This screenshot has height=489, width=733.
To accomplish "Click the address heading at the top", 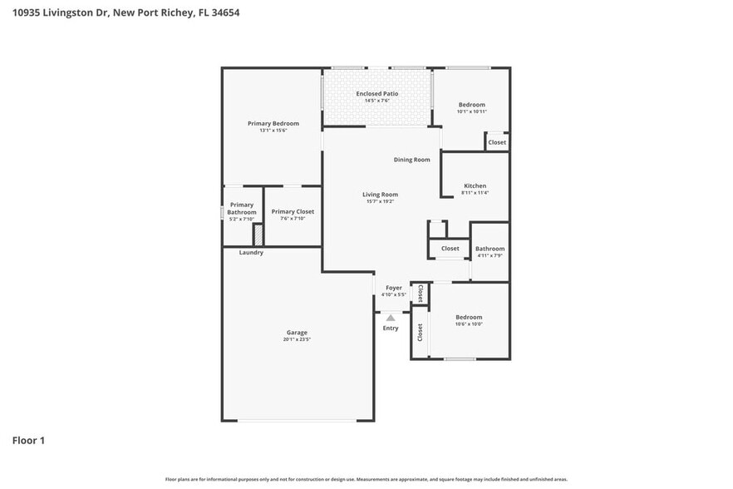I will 125,13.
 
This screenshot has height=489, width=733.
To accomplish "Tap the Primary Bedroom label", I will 273,123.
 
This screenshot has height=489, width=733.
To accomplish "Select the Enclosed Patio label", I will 377,94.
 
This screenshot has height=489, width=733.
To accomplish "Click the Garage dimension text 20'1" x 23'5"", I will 297,339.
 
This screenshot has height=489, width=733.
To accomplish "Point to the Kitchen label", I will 475,185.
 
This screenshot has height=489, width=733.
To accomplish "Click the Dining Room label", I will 411,160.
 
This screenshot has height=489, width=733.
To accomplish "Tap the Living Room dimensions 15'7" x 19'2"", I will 380,201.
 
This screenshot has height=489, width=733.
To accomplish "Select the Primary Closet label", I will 293,212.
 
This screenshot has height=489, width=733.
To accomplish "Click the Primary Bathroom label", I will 242,209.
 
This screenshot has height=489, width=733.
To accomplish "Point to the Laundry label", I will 251,253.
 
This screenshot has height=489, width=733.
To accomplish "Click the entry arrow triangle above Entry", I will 391,317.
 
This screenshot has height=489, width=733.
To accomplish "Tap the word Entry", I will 391,328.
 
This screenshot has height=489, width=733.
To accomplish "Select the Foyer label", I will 393,288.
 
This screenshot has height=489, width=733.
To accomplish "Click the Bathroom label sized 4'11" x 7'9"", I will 489,249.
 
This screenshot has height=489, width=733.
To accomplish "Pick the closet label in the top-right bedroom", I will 497,142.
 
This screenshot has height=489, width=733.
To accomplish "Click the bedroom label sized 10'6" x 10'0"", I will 469,317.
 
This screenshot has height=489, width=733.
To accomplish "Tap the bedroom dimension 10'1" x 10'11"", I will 471,111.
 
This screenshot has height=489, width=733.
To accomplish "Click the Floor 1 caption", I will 28,440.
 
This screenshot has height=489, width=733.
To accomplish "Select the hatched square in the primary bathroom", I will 258,234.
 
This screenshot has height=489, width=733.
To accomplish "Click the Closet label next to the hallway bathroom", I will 450,249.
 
